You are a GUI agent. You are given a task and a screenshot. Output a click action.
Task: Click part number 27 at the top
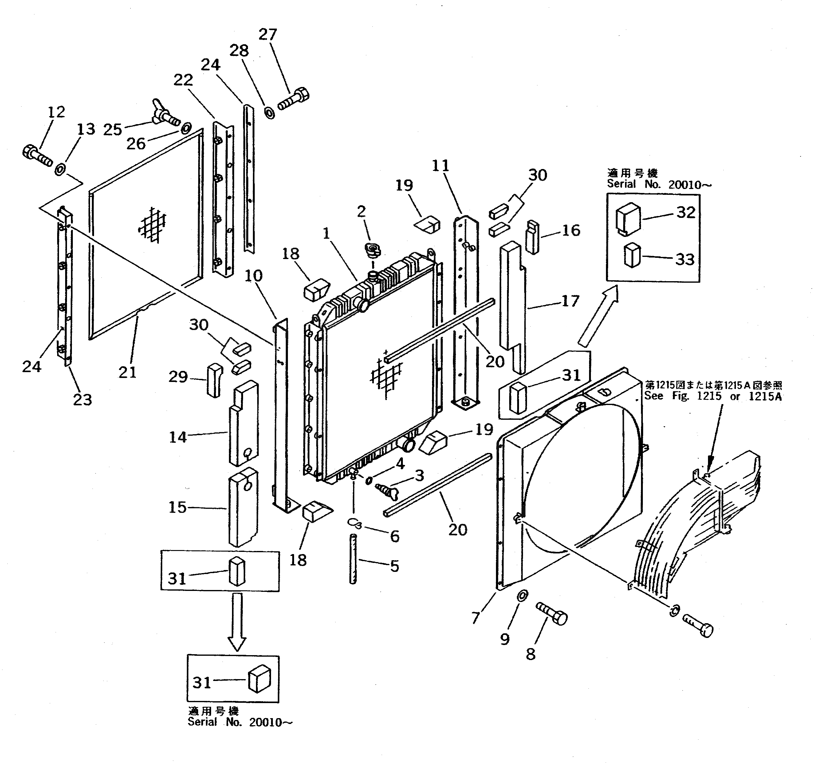click(x=268, y=35)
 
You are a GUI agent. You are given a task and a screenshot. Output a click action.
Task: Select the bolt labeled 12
click(x=37, y=156)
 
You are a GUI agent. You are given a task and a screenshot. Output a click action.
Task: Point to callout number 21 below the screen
click(x=127, y=372)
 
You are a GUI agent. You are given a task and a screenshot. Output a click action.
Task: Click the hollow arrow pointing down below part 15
click(x=237, y=621)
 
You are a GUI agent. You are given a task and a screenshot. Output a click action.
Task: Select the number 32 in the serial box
click(x=686, y=212)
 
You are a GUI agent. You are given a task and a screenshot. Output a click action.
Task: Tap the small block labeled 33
click(x=631, y=256)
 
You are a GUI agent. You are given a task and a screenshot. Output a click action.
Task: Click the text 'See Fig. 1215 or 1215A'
click(x=713, y=396)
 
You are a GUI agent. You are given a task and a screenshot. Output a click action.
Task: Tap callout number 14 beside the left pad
click(x=178, y=437)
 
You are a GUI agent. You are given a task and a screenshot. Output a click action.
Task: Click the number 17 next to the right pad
click(x=570, y=301)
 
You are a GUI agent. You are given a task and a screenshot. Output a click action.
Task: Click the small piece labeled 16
click(x=532, y=237)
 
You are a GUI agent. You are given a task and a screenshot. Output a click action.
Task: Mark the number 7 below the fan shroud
click(x=475, y=617)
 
